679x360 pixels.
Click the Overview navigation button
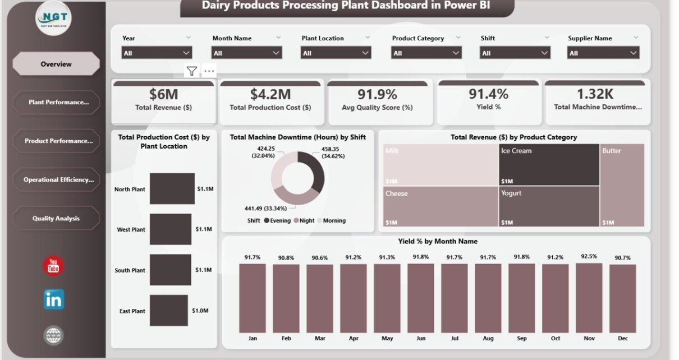(x=56, y=64)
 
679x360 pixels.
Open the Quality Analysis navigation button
(x=56, y=218)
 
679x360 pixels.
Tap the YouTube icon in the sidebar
(x=53, y=265)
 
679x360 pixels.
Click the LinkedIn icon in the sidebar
(x=53, y=299)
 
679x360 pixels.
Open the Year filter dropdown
(x=157, y=53)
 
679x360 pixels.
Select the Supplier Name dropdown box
(x=603, y=53)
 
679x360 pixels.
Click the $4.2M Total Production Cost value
(x=270, y=94)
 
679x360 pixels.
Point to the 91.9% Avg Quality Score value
(x=377, y=94)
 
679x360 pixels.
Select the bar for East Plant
(x=169, y=311)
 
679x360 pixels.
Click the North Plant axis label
(x=130, y=190)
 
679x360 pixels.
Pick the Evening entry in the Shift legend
(x=277, y=221)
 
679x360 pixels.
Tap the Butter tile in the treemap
(x=622, y=185)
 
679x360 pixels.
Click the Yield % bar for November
(x=589, y=298)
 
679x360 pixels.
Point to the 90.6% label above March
(x=319, y=258)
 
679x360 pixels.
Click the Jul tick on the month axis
(x=454, y=339)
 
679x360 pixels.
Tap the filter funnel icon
(x=192, y=71)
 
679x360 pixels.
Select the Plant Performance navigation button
(x=56, y=103)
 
